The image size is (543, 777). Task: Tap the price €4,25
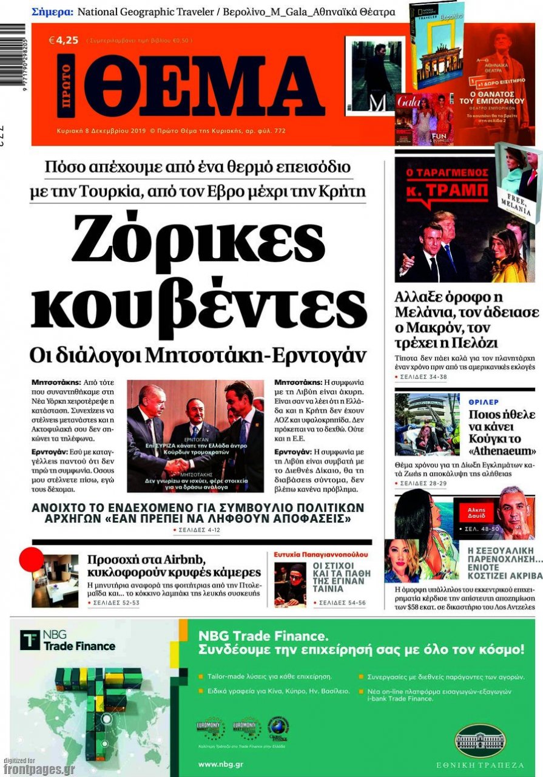tap(64, 40)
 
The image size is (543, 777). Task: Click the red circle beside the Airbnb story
tap(32, 559)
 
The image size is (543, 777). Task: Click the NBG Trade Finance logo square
tap(30, 640)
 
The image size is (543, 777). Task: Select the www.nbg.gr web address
tap(217, 764)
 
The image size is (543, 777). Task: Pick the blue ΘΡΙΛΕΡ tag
tap(484, 402)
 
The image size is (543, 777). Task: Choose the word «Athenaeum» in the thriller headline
tap(502, 451)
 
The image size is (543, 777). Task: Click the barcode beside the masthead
tap(12, 61)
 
